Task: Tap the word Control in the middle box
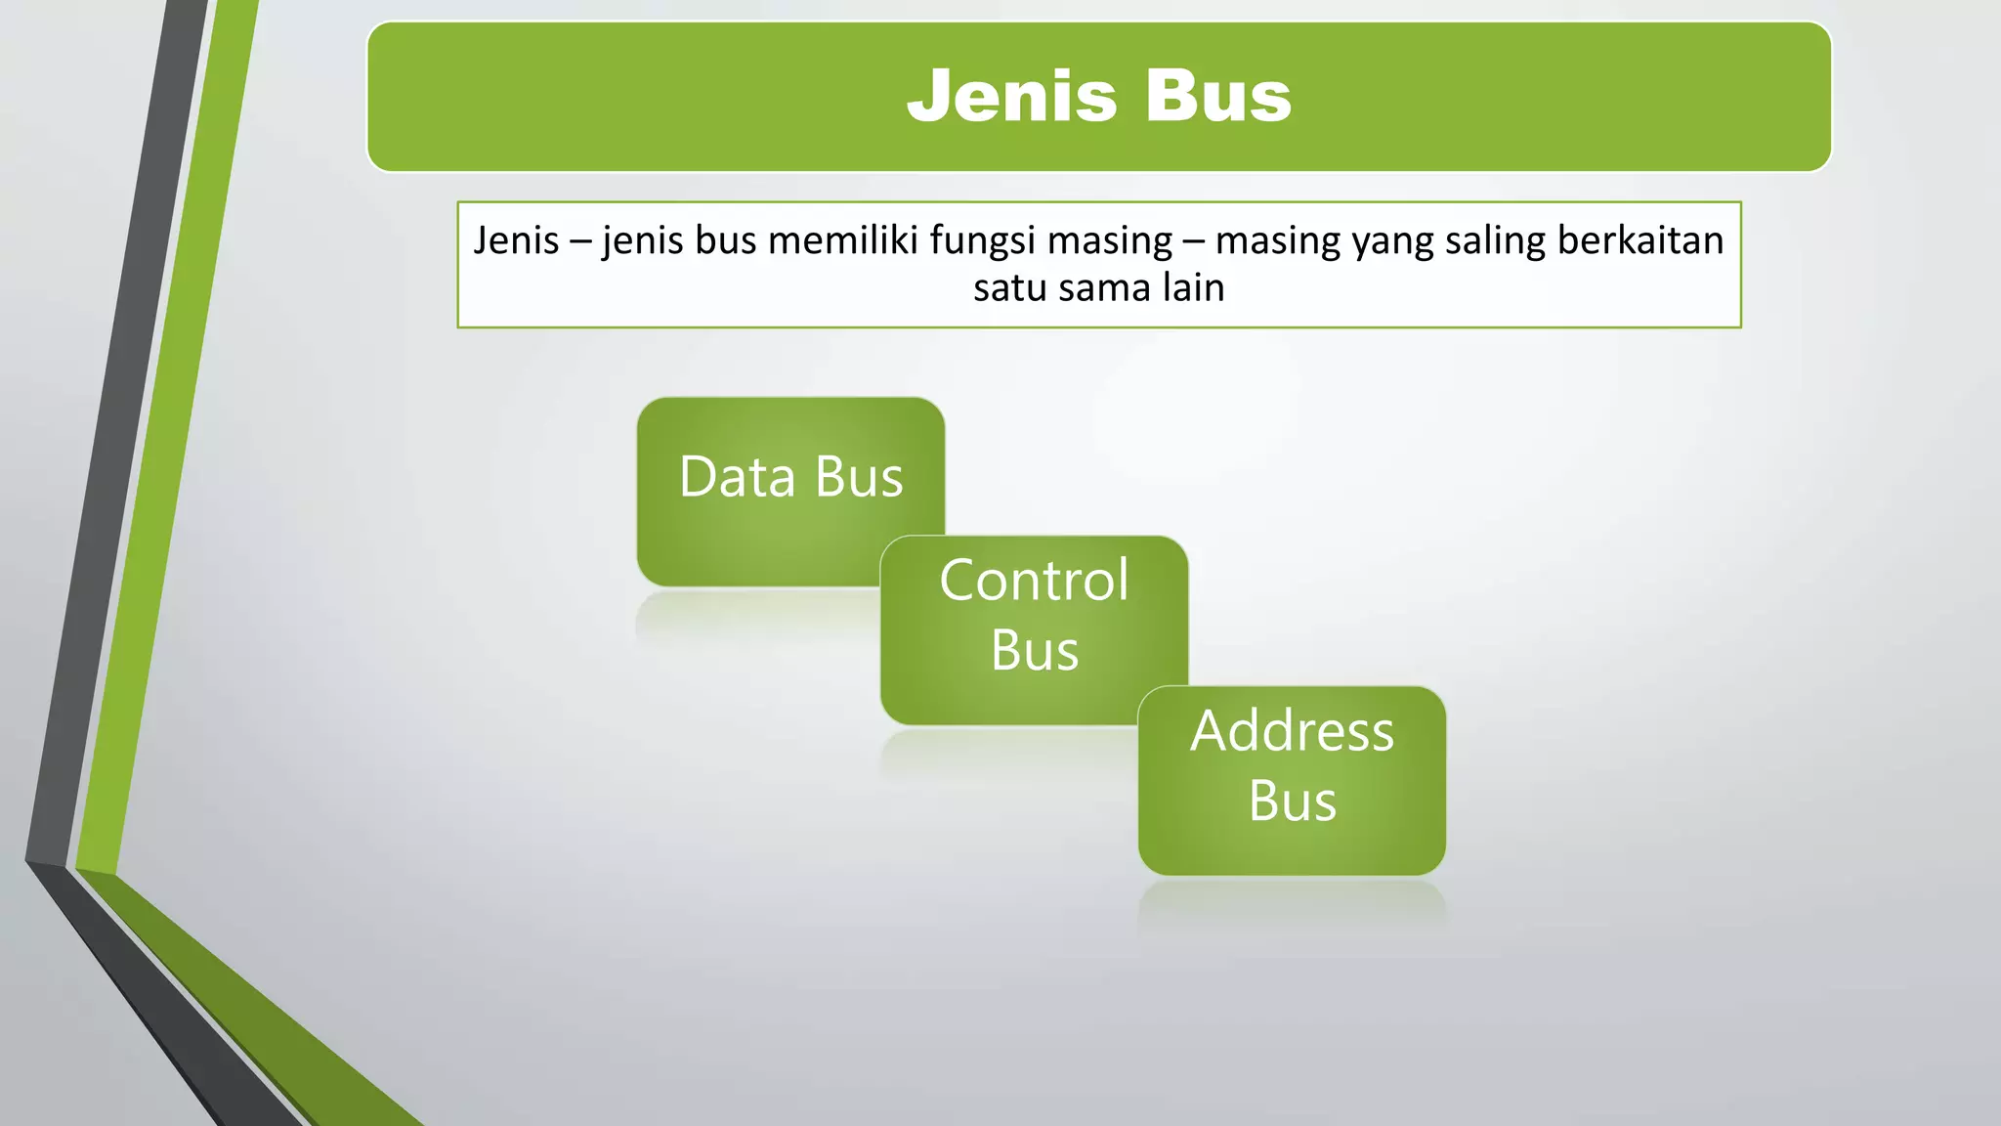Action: (x=1034, y=580)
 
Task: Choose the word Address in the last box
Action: (x=1292, y=730)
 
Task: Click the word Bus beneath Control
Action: (x=1034, y=650)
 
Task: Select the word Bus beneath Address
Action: (x=1292, y=801)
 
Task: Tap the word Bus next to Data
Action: (x=859, y=477)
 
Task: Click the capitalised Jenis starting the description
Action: (x=516, y=240)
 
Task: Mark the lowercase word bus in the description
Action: (x=725, y=240)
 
